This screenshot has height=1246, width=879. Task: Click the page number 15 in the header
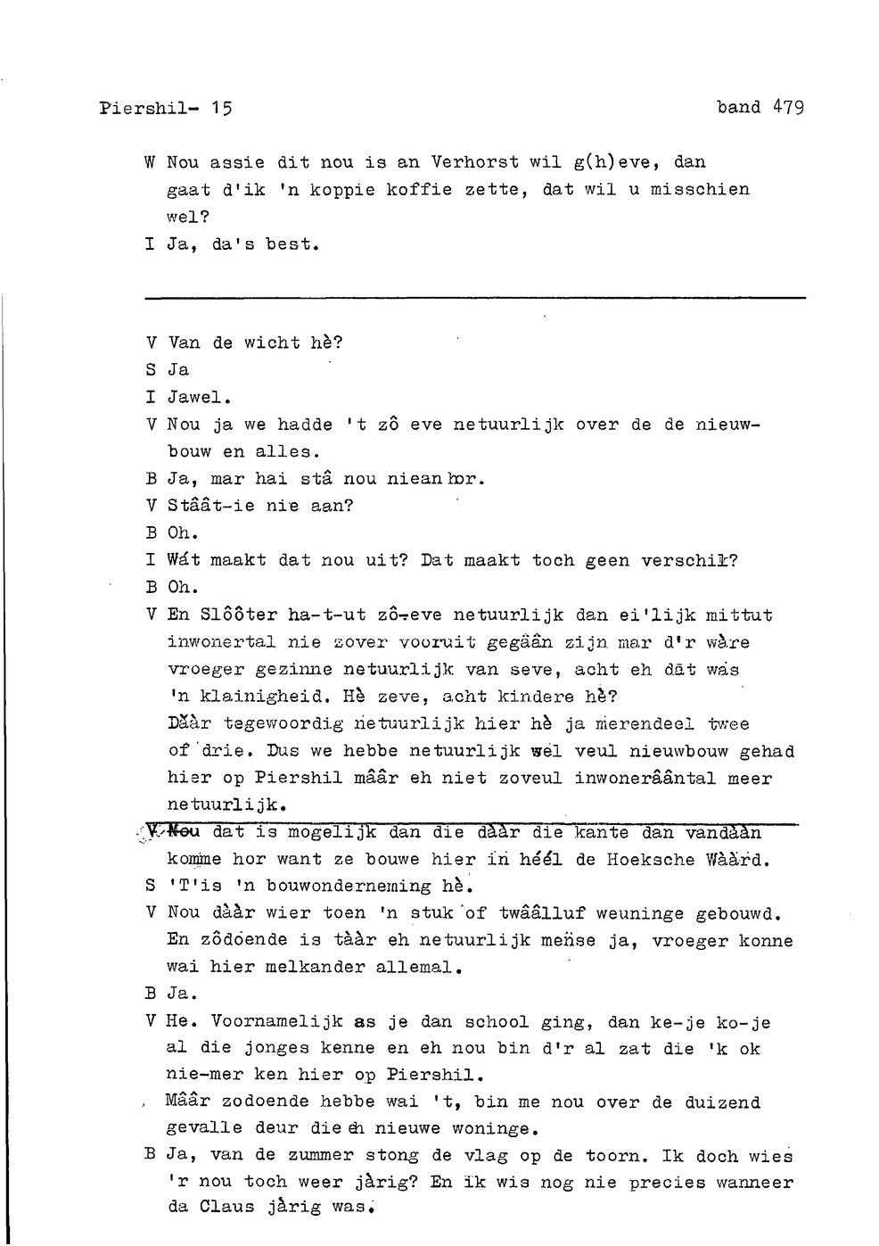222,109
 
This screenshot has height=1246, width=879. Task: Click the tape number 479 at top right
788,107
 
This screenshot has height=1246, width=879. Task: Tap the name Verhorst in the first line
475,162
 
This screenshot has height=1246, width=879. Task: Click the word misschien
700,189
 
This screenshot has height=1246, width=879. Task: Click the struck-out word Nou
185,832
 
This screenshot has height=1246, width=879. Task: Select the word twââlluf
541,914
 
